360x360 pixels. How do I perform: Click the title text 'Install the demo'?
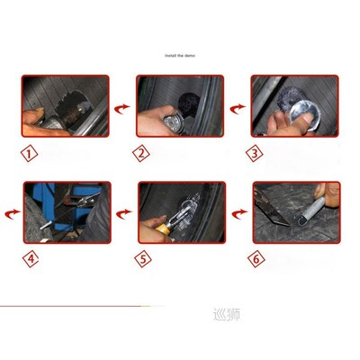tap(180, 55)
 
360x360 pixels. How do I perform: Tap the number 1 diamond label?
tap(31, 152)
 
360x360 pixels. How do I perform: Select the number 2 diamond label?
tap(141, 152)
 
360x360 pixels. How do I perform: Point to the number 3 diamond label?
tap(256, 152)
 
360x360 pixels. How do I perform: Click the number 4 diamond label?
tap(31, 260)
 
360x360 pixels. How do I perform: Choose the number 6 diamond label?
tap(257, 260)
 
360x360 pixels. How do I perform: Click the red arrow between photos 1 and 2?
tap(121, 108)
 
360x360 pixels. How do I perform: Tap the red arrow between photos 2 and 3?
tap(237, 108)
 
